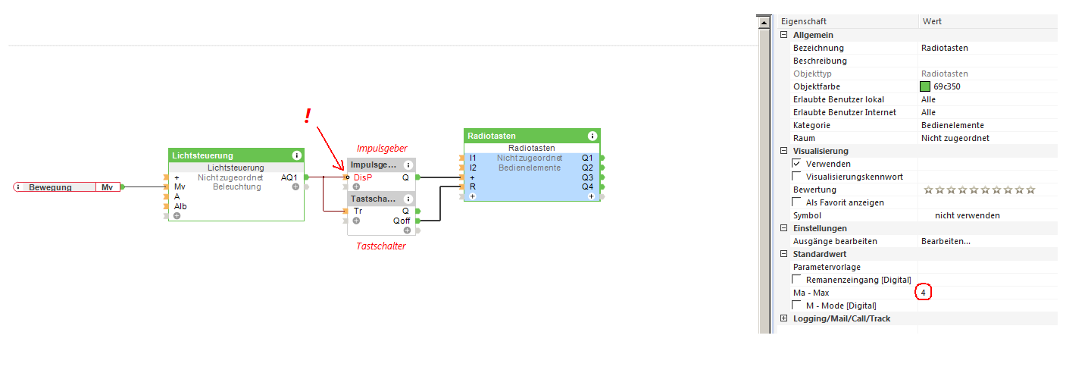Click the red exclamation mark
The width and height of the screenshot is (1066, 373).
coord(308,115)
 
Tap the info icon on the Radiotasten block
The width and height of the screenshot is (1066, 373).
coord(592,136)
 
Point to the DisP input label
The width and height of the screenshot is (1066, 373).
coord(363,177)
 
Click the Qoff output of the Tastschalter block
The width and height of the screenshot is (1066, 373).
coord(402,221)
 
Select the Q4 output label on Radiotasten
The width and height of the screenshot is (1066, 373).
coord(587,186)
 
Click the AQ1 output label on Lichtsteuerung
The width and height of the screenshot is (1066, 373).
coord(289,177)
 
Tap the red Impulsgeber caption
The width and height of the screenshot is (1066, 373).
coord(382,148)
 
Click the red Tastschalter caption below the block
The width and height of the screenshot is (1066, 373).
coord(381,246)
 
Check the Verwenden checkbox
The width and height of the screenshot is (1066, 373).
coord(797,164)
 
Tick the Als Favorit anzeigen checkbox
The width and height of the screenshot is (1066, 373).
coord(797,202)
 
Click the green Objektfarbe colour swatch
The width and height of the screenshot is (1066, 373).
coord(925,86)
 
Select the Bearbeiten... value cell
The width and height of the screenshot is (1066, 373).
coord(946,241)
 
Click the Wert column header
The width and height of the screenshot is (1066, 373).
coord(932,21)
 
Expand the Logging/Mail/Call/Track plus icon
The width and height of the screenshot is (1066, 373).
coord(783,318)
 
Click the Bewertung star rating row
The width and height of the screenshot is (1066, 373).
coord(979,190)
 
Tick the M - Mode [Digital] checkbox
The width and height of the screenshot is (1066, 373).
coord(797,306)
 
